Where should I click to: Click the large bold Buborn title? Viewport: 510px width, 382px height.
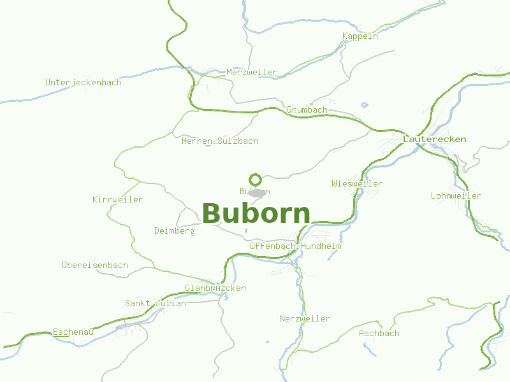click(x=256, y=213)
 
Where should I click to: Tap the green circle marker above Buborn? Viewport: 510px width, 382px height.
click(x=256, y=180)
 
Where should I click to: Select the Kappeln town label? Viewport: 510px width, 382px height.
click(x=360, y=36)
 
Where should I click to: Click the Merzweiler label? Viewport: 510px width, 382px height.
click(x=252, y=73)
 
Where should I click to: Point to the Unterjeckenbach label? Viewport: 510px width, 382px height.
click(x=84, y=83)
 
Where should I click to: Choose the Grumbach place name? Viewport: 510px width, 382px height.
click(x=307, y=110)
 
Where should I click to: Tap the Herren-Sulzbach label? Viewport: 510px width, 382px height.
click(x=219, y=141)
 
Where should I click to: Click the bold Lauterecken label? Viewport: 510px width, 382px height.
click(x=434, y=139)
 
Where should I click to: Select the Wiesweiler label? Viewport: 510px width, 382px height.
click(x=357, y=184)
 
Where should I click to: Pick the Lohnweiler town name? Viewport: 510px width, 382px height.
click(x=456, y=195)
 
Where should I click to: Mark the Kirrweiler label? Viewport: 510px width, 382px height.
click(x=117, y=200)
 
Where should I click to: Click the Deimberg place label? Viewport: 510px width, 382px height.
click(x=175, y=230)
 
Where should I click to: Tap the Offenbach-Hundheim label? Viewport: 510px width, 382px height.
click(x=295, y=246)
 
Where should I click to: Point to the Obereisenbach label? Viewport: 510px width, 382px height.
click(x=95, y=265)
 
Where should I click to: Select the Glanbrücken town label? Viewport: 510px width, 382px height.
click(x=215, y=288)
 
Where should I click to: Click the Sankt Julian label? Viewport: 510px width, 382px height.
click(x=156, y=304)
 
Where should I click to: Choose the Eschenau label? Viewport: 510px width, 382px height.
click(x=73, y=332)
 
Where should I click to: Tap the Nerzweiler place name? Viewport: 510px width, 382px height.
click(x=305, y=318)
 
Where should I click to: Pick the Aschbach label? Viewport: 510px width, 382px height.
click(x=379, y=333)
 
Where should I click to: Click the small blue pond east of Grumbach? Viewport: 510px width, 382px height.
click(x=365, y=105)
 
